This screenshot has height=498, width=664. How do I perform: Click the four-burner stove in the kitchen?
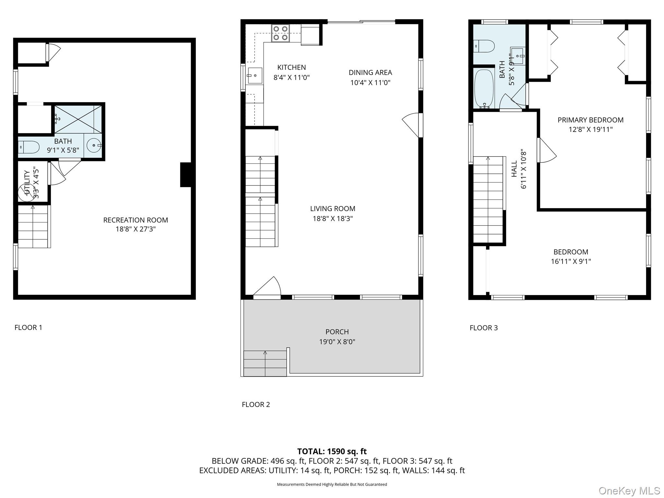pos(281,33)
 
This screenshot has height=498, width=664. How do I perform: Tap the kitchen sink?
pos(255,76)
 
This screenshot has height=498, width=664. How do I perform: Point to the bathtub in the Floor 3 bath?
pos(484,89)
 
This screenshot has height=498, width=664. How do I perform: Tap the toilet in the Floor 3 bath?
pos(484,46)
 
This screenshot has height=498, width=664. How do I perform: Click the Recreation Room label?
pos(136,220)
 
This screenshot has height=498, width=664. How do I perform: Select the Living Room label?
pos(333,209)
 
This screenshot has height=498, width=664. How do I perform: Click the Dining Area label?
pos(370,73)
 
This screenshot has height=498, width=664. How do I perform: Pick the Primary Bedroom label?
pos(590,120)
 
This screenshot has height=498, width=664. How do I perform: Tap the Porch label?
pos(337,332)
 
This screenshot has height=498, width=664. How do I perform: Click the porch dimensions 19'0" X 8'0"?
pos(337,342)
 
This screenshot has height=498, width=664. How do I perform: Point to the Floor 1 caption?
pos(28,327)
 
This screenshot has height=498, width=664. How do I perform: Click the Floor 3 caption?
pos(483,328)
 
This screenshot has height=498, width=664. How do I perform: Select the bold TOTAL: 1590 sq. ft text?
pos(332,451)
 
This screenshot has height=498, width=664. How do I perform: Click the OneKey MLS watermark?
pos(629,491)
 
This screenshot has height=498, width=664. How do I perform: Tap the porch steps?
pos(265,363)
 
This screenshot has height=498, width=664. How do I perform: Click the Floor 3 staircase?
pos(488,199)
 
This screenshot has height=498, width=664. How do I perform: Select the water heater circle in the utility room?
pos(25,190)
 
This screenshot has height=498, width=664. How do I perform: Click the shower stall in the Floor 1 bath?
pos(78,119)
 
